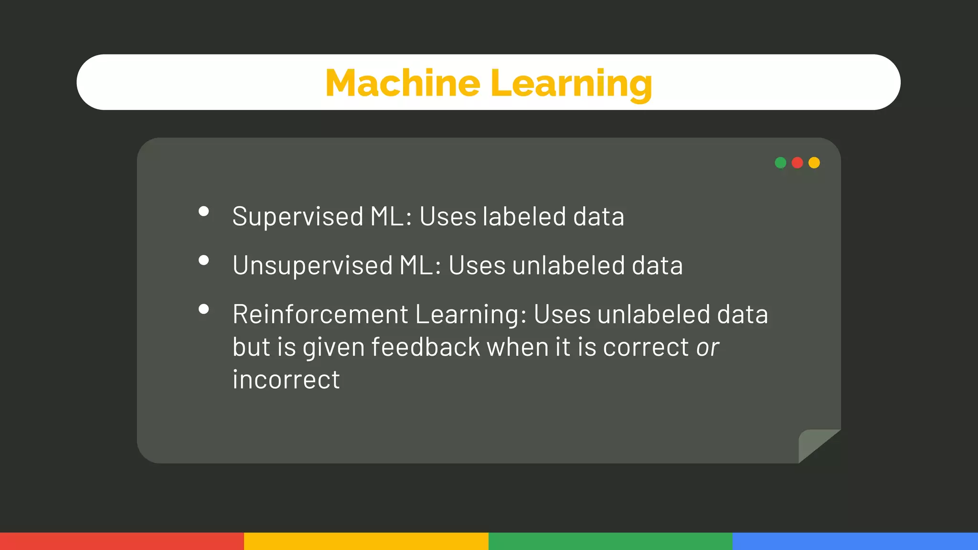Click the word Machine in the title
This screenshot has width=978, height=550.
(x=403, y=83)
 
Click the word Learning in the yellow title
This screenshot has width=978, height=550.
(x=571, y=84)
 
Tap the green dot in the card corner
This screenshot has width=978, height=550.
(x=780, y=163)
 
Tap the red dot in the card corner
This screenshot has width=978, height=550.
(x=797, y=163)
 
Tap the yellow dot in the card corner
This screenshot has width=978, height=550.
(x=814, y=163)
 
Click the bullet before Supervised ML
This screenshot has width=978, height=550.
(x=204, y=212)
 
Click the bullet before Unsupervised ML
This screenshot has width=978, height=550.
(x=204, y=260)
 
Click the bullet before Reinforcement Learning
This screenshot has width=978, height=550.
(x=204, y=309)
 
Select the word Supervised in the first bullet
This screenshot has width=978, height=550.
(x=298, y=217)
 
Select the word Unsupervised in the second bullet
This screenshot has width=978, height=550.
(x=313, y=265)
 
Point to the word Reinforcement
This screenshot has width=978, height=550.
(x=320, y=315)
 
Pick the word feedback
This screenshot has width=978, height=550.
(x=425, y=347)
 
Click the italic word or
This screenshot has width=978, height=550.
(x=707, y=347)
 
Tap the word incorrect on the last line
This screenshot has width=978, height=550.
(x=286, y=380)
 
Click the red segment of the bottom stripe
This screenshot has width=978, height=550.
(x=122, y=541)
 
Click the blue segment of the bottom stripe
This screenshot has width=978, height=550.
(x=855, y=541)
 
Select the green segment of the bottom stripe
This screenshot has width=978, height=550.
(x=610, y=541)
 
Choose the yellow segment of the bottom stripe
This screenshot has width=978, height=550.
(x=366, y=541)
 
